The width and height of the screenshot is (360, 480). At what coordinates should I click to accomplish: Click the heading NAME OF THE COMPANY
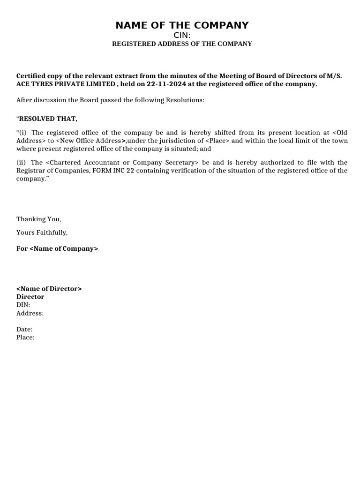point(182,25)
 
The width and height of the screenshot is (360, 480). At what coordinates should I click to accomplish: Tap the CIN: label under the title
point(182,35)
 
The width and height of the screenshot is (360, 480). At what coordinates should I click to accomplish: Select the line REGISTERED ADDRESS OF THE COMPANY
point(182,44)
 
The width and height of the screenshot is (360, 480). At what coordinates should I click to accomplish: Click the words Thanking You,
point(39,219)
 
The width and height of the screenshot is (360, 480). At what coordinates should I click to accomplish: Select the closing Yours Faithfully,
point(42,232)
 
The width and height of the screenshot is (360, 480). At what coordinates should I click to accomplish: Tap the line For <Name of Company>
point(57,248)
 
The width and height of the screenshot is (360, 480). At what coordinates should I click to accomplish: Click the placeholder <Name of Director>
point(49,289)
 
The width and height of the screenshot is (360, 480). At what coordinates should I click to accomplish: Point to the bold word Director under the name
point(30,297)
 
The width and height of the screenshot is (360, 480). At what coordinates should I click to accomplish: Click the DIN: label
point(23,305)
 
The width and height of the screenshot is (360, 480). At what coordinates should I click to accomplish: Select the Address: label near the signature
point(30,313)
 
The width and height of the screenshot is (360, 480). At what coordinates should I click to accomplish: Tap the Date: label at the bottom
point(24,330)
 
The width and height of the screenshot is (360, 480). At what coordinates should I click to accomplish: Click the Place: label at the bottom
point(25,337)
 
